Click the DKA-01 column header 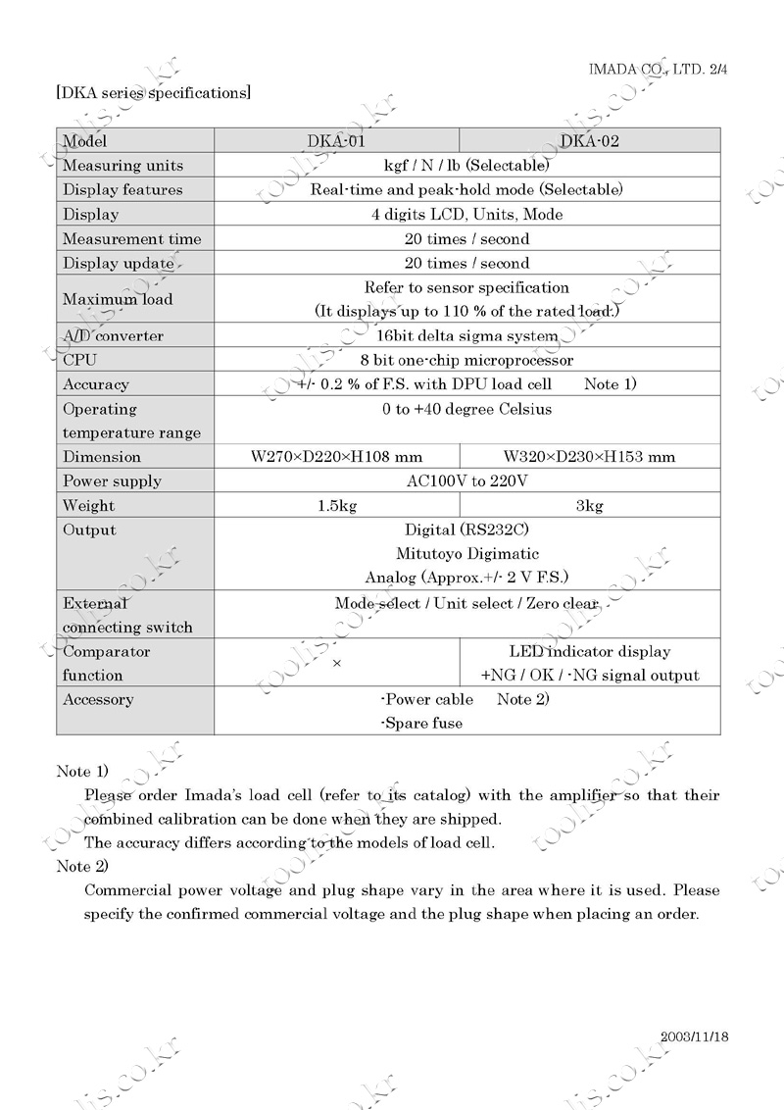click(336, 141)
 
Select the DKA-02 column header click(590, 141)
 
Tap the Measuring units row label click(122, 166)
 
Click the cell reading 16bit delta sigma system click(466, 336)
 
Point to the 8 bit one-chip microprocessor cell click(466, 360)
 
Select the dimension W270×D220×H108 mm click(336, 457)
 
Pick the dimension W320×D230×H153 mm click(589, 457)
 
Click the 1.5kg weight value click(336, 506)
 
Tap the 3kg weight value click(589, 506)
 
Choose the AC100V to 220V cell click(466, 481)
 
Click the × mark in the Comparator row click(336, 664)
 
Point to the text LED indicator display click(590, 652)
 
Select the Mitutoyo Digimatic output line click(466, 554)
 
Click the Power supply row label click(112, 481)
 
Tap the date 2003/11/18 click(695, 1036)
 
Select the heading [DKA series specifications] click(153, 93)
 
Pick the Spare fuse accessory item click(421, 724)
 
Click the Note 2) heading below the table click(82, 866)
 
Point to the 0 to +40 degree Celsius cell click(466, 409)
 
